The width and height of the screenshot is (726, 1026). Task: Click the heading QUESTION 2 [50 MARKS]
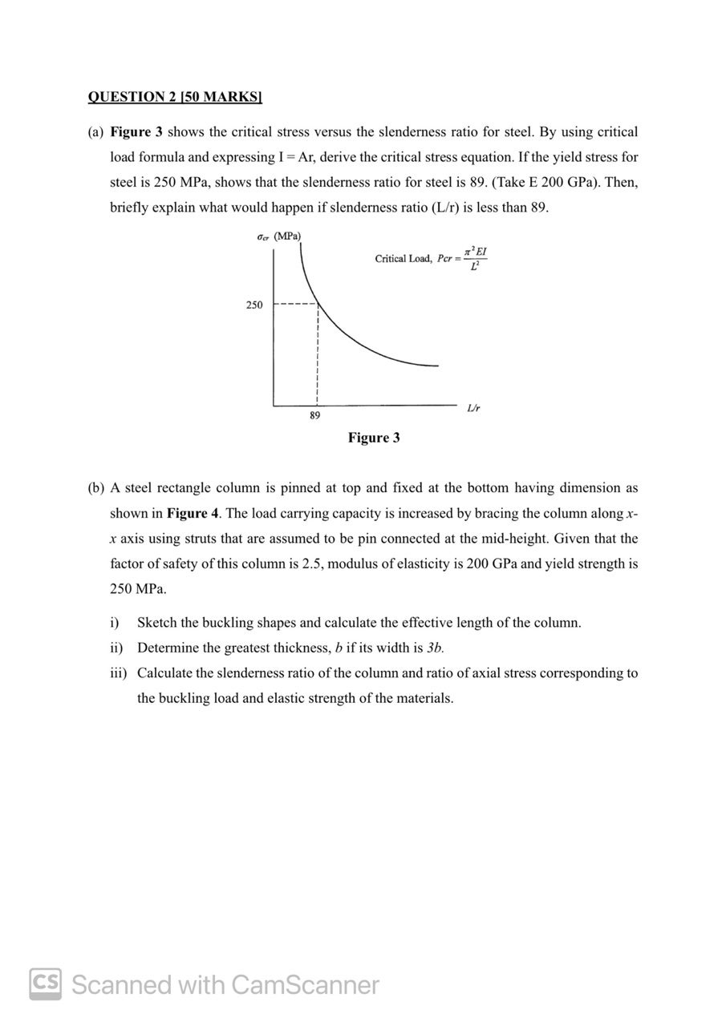(x=175, y=97)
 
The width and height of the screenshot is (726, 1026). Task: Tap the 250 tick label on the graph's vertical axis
(x=253, y=305)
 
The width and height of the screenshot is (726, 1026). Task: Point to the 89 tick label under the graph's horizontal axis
(x=314, y=416)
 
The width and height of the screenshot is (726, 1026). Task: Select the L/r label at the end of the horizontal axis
(x=473, y=408)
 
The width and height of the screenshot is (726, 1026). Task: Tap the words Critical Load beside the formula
(x=403, y=259)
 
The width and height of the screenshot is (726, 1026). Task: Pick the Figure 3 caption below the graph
(x=374, y=438)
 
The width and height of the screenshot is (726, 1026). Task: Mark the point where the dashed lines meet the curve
(x=318, y=304)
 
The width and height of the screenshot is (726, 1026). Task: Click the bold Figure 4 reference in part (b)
(x=193, y=513)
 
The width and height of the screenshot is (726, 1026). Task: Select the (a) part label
(x=95, y=131)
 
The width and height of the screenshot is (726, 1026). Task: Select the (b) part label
(x=96, y=487)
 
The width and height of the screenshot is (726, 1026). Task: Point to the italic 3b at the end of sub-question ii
(x=434, y=648)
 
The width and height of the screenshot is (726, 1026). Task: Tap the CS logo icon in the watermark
(x=46, y=984)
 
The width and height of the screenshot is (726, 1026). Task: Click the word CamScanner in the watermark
(x=305, y=984)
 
